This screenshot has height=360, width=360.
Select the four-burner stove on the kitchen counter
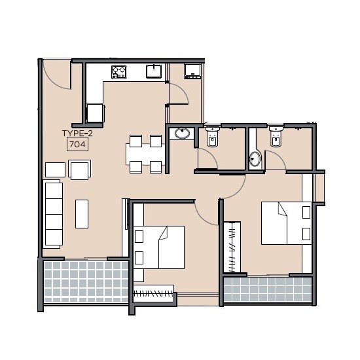[x=118, y=71]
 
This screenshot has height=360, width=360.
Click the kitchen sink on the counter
[x=154, y=71]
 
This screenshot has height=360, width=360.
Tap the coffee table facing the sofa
[x=82, y=213]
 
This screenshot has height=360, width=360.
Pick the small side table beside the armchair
[x=55, y=170]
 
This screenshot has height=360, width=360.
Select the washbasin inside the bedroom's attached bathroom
[x=255, y=158]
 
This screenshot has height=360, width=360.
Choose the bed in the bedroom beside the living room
[x=159, y=247]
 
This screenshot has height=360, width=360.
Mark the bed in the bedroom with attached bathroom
[x=286, y=223]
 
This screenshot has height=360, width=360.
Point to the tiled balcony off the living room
[x=84, y=282]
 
